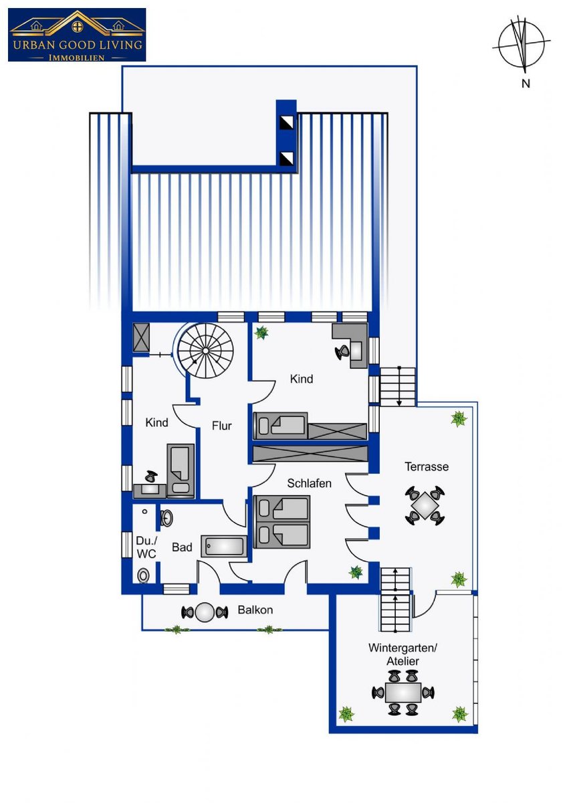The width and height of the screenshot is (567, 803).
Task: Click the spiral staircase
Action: [x=205, y=350]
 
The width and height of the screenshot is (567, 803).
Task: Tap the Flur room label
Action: [x=222, y=426]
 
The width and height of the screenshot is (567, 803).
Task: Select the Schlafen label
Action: [x=309, y=484]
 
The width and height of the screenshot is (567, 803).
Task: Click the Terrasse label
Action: [x=427, y=467]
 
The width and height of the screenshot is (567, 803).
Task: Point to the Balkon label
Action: [x=255, y=610]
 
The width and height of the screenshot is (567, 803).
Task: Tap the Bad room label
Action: [x=182, y=547]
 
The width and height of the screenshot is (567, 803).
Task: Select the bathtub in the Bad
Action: [x=224, y=546]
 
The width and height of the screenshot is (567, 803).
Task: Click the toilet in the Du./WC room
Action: [x=143, y=575]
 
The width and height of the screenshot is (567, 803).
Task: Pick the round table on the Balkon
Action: [x=205, y=612]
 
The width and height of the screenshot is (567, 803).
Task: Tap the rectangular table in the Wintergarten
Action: [x=403, y=693]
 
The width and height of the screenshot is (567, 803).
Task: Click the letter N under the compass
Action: [x=526, y=84]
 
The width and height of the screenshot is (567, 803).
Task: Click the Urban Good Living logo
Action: [x=77, y=35]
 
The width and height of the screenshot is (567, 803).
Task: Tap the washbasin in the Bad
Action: [x=166, y=518]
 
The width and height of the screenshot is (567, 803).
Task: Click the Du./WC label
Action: [x=147, y=547]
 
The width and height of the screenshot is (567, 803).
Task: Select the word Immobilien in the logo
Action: [x=77, y=58]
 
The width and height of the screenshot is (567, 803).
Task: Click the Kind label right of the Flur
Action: [x=302, y=379]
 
